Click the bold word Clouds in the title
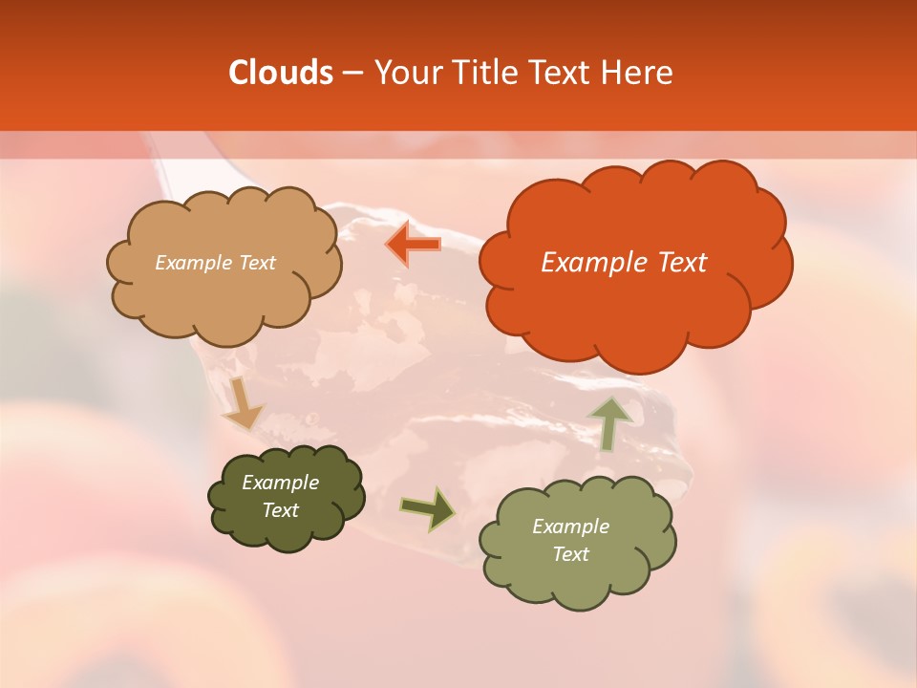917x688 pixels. [x=281, y=73]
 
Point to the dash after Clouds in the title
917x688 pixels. [x=352, y=74]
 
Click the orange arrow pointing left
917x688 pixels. [x=414, y=245]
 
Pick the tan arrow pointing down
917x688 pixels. [x=243, y=403]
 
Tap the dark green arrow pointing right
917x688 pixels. [x=428, y=508]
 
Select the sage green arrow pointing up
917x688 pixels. [x=610, y=422]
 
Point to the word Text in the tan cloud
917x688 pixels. [x=256, y=263]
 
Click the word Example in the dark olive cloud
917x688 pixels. [x=281, y=483]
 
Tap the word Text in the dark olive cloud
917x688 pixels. [x=281, y=510]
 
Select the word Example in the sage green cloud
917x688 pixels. [x=570, y=527]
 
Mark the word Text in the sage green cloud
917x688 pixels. [x=570, y=554]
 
